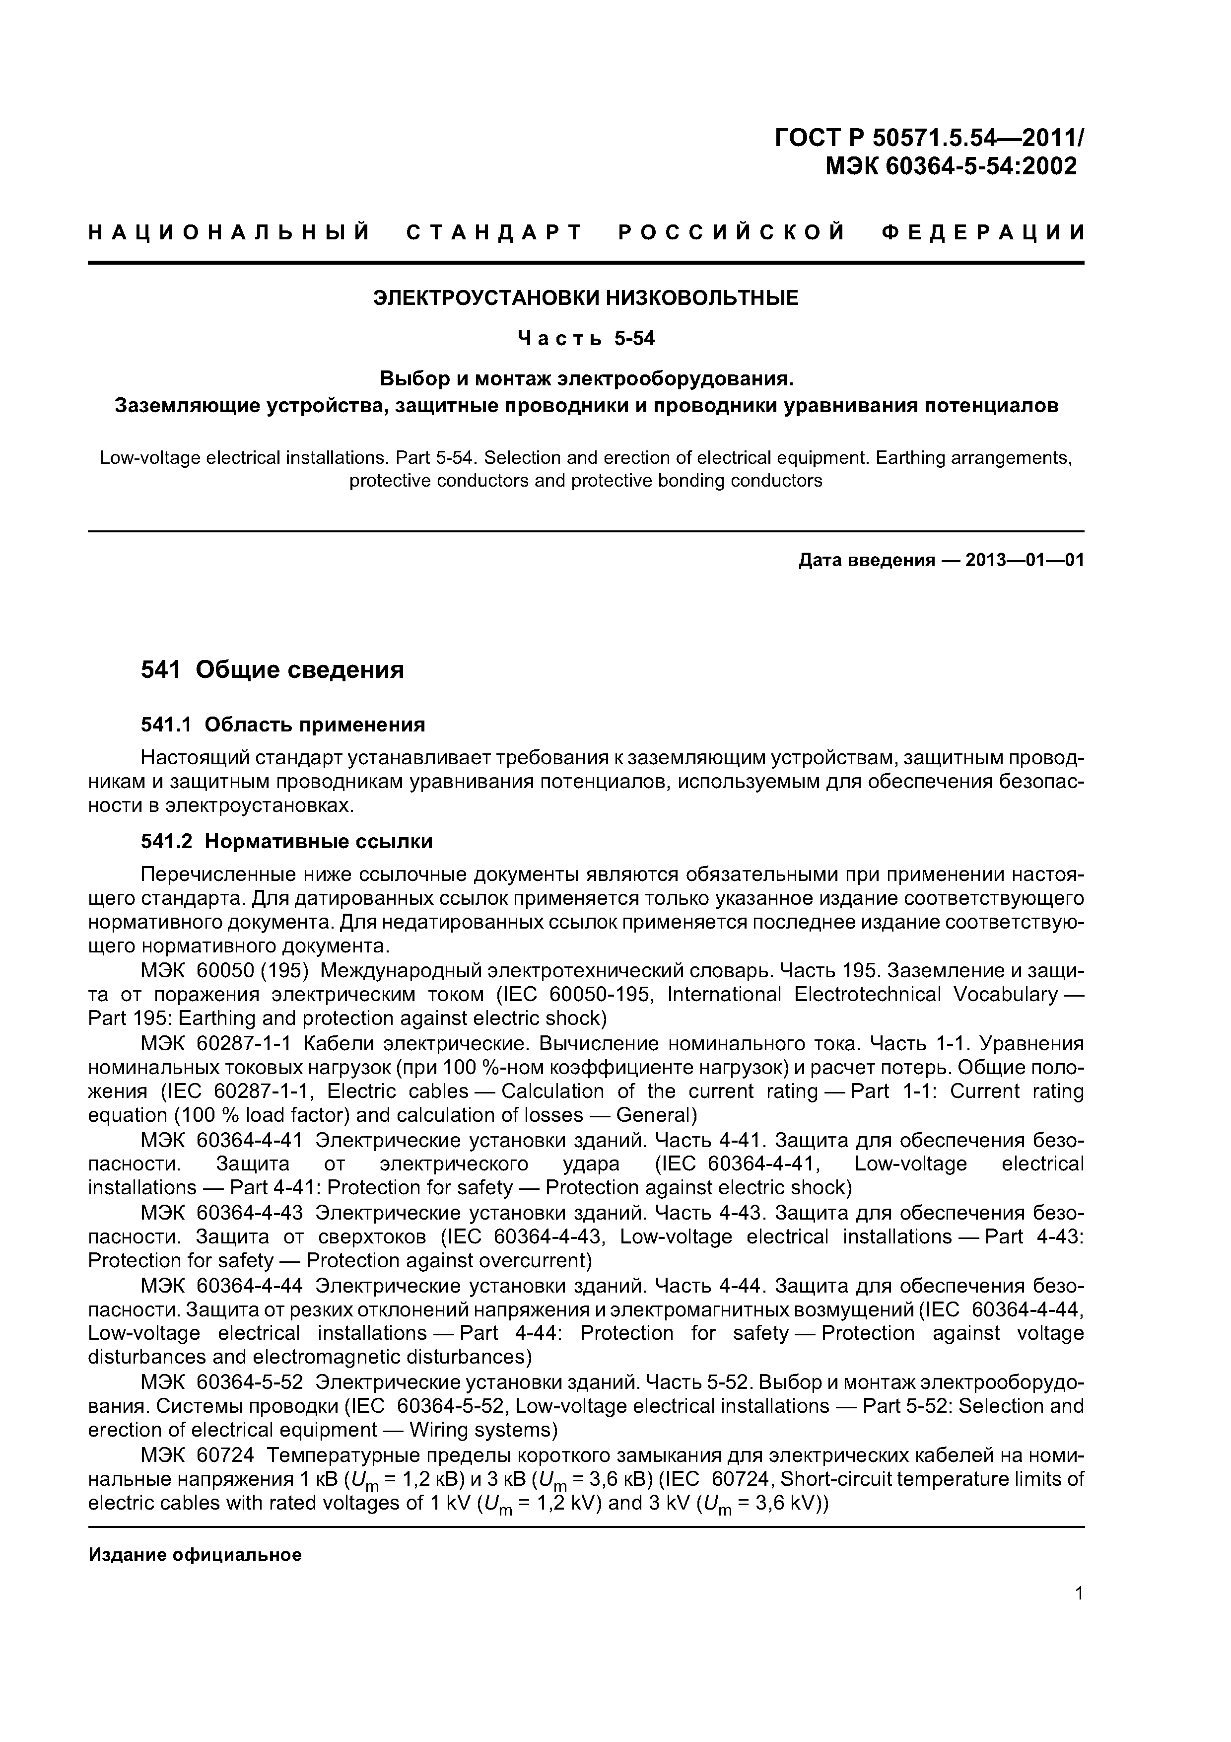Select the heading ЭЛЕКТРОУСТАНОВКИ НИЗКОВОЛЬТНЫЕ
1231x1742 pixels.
click(x=586, y=298)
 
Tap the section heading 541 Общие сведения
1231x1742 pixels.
click(x=273, y=670)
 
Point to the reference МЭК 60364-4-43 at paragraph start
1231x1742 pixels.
click(x=221, y=1213)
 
